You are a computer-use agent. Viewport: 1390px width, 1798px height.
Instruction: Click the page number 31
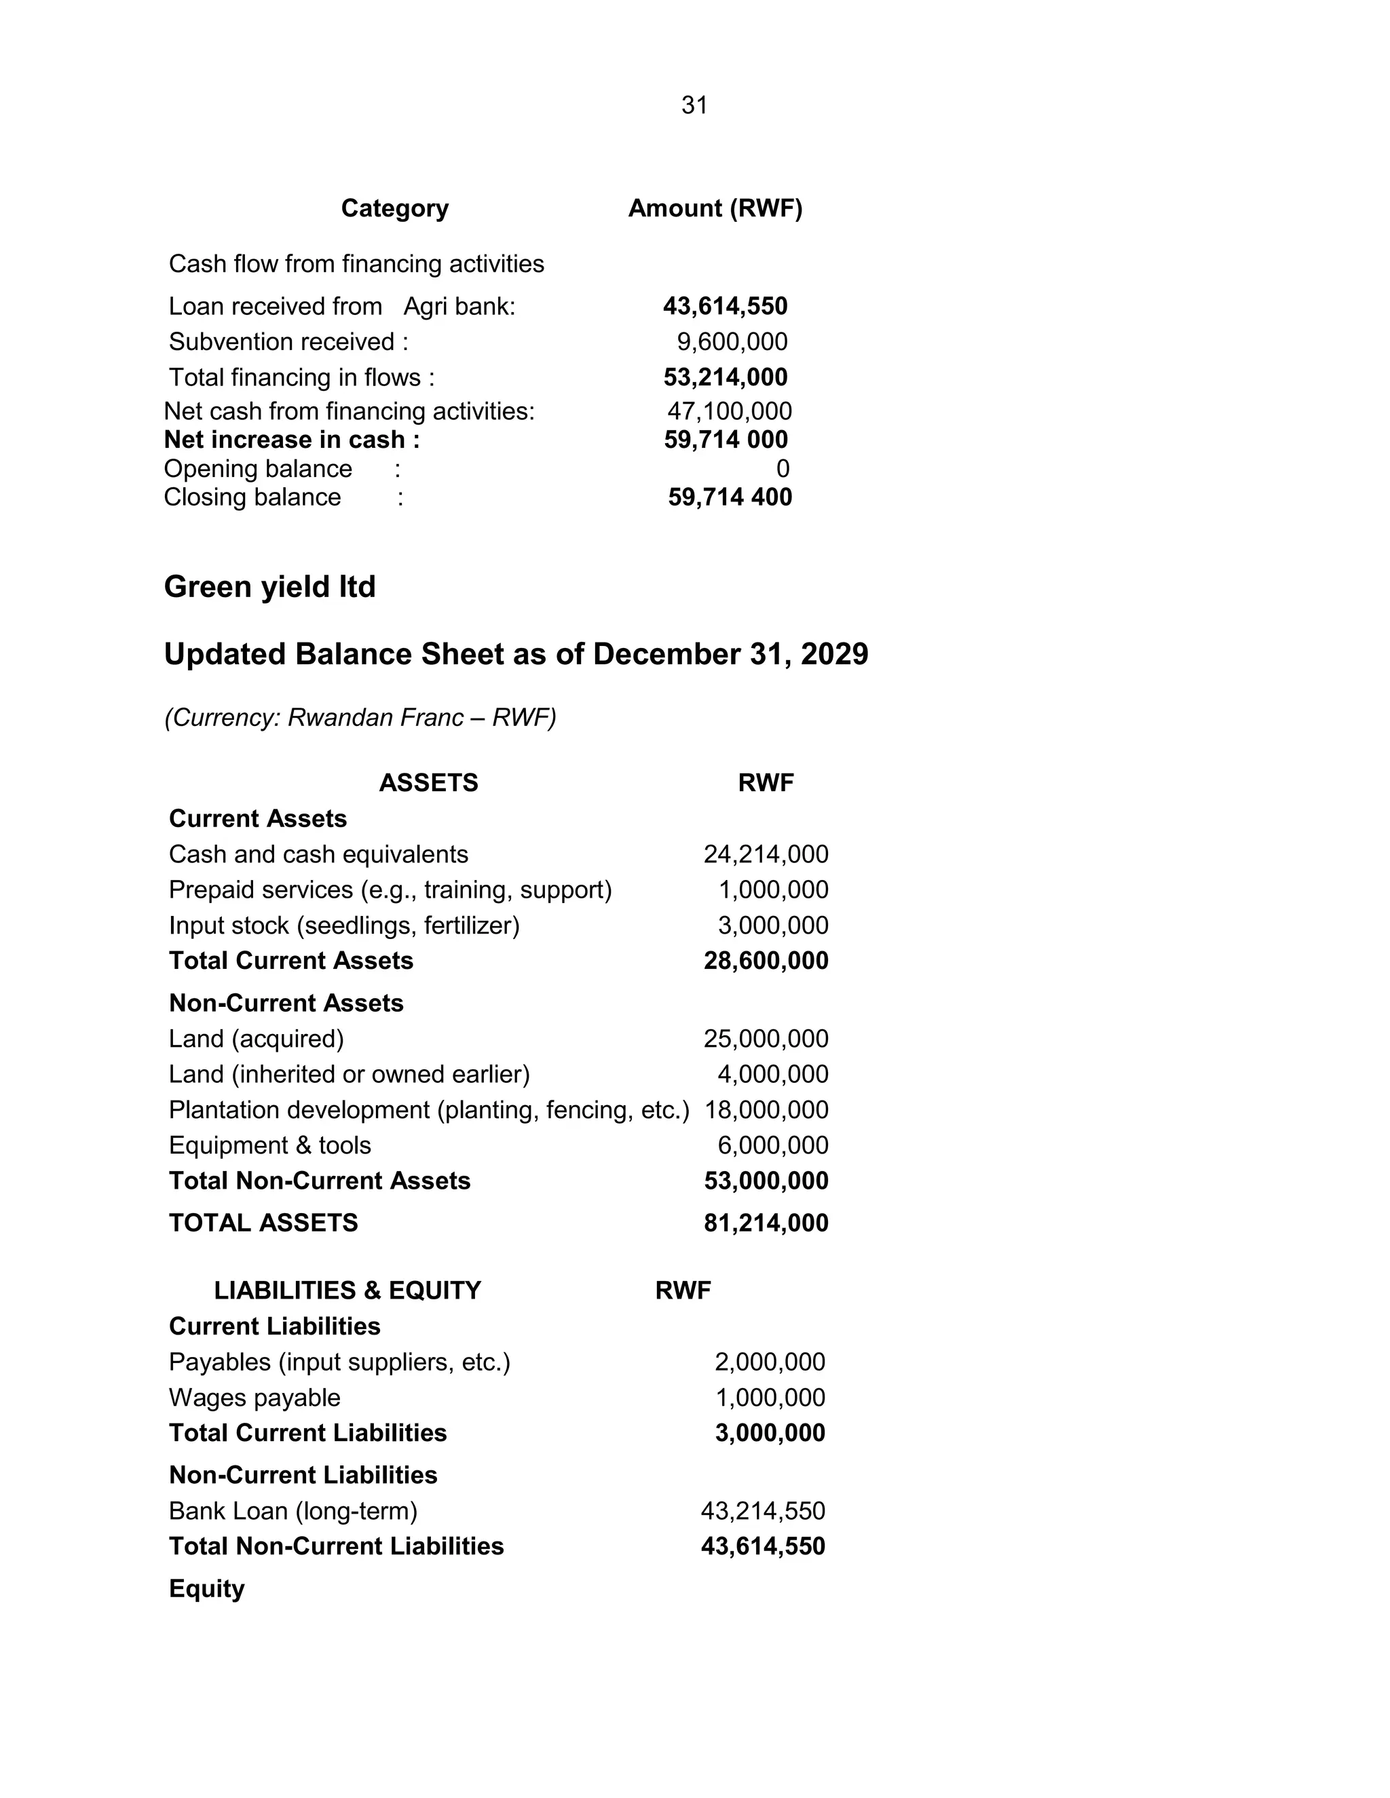[x=694, y=105]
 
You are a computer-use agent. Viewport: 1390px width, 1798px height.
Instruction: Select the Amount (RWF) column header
[x=715, y=208]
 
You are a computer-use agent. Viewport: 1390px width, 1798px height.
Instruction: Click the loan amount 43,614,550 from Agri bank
[x=725, y=306]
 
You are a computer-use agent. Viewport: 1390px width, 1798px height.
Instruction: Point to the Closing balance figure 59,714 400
[x=730, y=497]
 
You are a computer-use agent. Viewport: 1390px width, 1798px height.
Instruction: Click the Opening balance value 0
[x=783, y=468]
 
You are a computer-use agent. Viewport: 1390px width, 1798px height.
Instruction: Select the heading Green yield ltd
[x=269, y=587]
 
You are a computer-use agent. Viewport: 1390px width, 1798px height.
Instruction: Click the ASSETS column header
[x=428, y=782]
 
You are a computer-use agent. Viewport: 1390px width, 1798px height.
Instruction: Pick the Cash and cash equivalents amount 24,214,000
[x=766, y=854]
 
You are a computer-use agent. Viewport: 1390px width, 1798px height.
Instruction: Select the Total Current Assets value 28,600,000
[x=766, y=961]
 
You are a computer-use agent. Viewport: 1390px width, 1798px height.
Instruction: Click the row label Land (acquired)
[x=256, y=1039]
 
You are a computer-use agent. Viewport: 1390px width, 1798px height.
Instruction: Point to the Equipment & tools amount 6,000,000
[x=772, y=1145]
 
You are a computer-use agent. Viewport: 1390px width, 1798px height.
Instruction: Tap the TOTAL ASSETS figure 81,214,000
[x=766, y=1223]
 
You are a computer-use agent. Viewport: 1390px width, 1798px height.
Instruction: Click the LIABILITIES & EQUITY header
[x=347, y=1290]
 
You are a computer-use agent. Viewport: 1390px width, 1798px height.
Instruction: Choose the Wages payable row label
[x=255, y=1398]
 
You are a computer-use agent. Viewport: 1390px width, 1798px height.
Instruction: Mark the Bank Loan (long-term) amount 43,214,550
[x=762, y=1511]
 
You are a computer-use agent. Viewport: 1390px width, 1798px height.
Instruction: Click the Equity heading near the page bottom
[x=207, y=1589]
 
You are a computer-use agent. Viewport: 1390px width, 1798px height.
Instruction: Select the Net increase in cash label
[x=291, y=440]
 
